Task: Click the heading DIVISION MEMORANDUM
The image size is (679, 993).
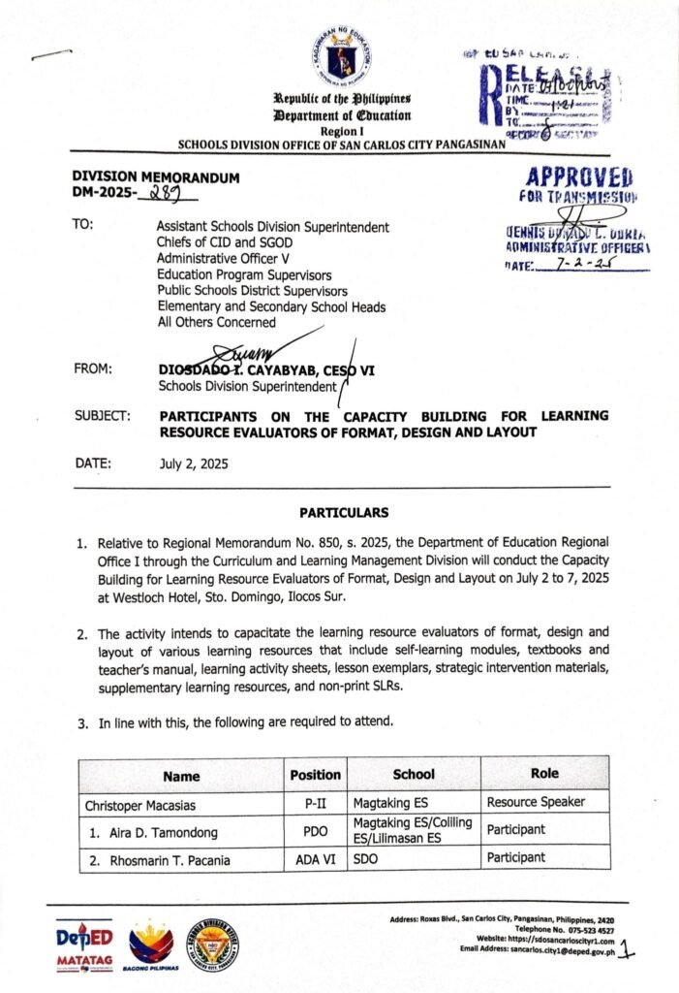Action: pyautogui.click(x=156, y=177)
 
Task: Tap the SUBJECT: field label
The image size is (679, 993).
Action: pyautogui.click(x=102, y=415)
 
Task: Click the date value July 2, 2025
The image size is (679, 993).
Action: pyautogui.click(x=194, y=464)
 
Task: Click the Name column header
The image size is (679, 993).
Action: pyautogui.click(x=181, y=775)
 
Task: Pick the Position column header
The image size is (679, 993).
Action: pyautogui.click(x=315, y=775)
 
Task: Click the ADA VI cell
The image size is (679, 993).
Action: pyautogui.click(x=315, y=858)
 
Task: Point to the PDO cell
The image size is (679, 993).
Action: pyautogui.click(x=315, y=830)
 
